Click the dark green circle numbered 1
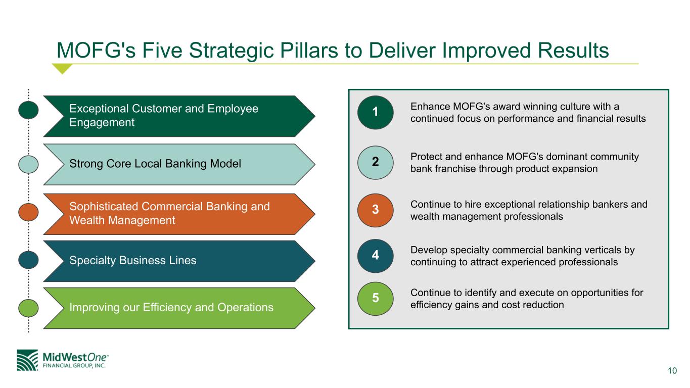pos(375,112)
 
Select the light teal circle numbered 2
pos(375,162)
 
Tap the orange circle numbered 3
pos(375,210)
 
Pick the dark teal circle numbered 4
pos(375,256)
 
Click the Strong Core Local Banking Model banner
pos(177,164)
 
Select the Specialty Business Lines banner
pos(177,261)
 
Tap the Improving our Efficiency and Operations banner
pos(177,308)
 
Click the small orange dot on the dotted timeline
pos(29,212)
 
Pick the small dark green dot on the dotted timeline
pos(29,110)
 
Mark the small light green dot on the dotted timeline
pos(29,307)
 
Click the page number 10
pos(672,371)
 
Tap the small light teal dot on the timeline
pos(29,164)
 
